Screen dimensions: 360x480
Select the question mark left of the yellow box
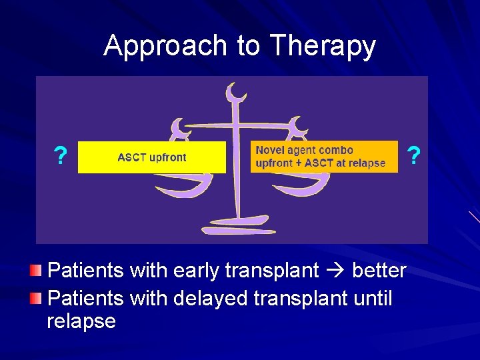click(x=60, y=157)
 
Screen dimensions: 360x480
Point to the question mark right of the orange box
click(x=414, y=157)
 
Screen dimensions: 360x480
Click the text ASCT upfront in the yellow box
click(x=152, y=157)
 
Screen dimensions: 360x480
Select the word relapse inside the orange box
click(x=366, y=163)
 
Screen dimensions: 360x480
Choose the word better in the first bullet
click(x=379, y=271)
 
